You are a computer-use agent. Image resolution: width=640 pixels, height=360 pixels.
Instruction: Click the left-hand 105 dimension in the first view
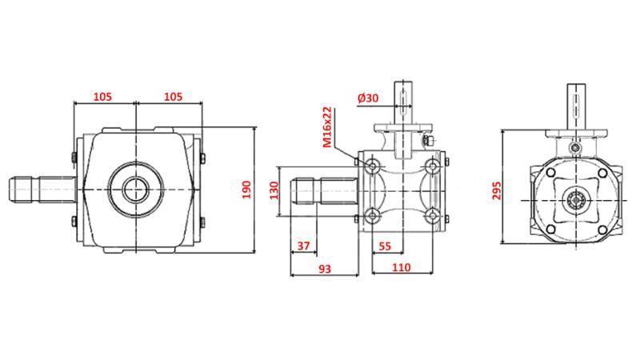[x=102, y=96]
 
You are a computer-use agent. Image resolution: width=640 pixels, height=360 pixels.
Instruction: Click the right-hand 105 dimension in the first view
[x=173, y=96]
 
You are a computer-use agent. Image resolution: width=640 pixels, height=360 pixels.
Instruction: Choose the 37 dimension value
[x=303, y=246]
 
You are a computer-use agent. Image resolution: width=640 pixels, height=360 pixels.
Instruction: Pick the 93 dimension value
[x=324, y=269]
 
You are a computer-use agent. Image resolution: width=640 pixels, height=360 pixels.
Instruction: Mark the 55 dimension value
[x=385, y=246]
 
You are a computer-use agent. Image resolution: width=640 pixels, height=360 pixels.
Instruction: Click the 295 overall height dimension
[x=497, y=189]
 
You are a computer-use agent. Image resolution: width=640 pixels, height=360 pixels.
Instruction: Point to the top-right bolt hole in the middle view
[x=433, y=165]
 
